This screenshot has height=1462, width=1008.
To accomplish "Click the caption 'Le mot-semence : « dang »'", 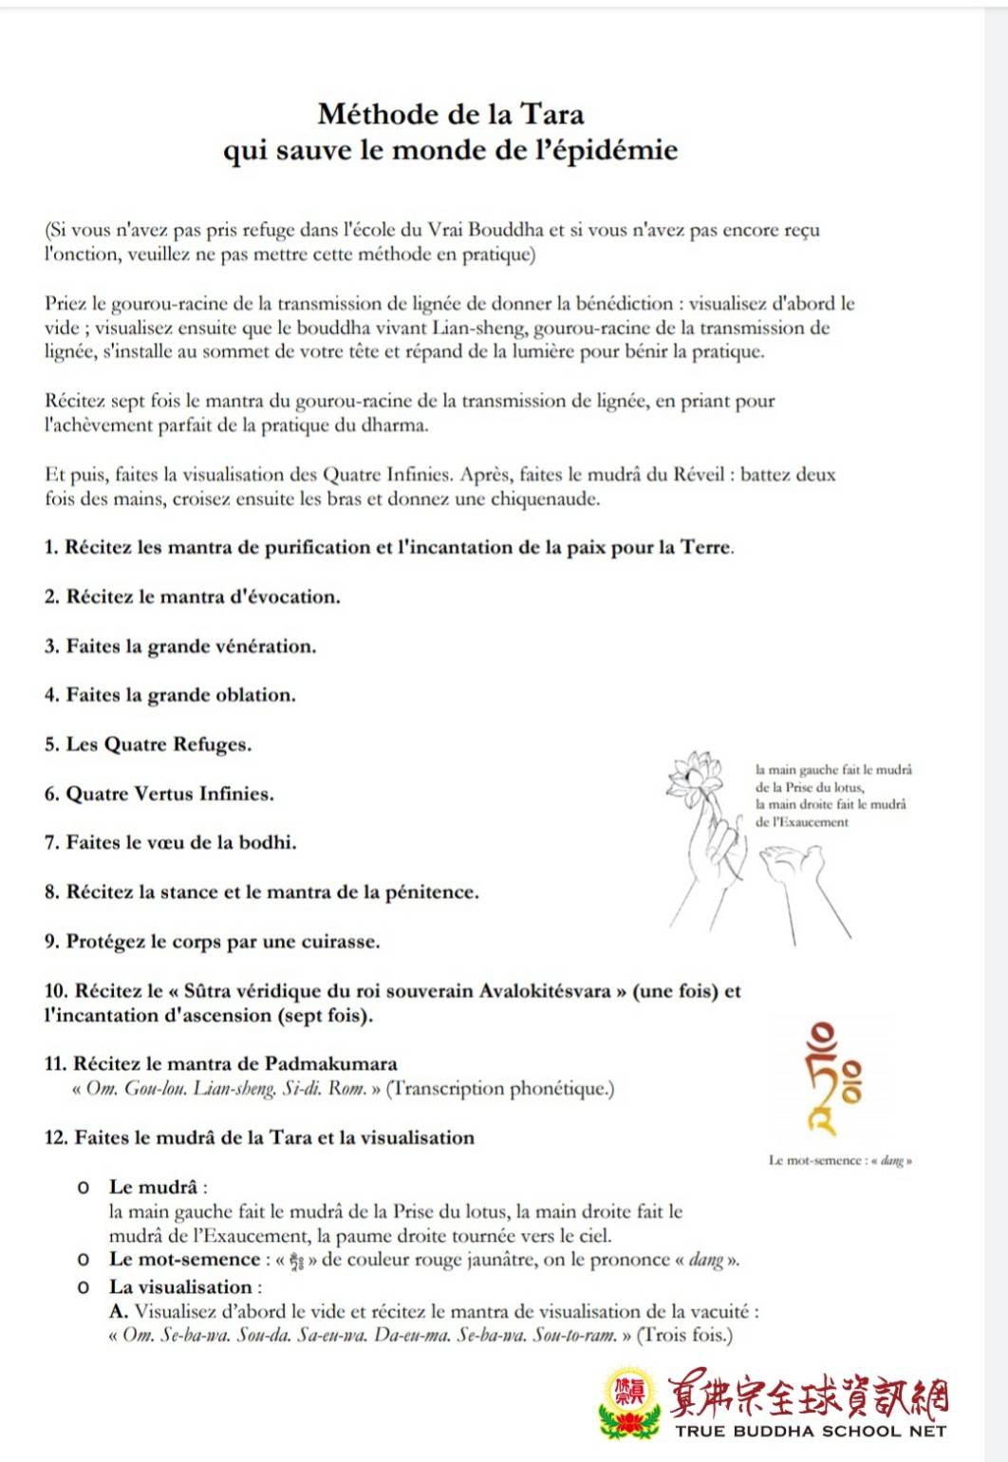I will [x=839, y=1160].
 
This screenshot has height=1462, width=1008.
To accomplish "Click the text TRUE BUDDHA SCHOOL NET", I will [x=811, y=1431].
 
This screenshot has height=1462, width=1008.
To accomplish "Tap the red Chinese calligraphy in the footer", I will [x=809, y=1396].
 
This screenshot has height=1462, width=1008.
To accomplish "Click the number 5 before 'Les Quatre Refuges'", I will [x=50, y=744].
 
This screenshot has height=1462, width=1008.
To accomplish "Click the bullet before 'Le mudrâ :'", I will [x=84, y=1188].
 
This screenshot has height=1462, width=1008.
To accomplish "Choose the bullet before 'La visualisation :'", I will [x=84, y=1288].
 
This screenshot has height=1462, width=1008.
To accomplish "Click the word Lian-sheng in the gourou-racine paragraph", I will [x=476, y=328].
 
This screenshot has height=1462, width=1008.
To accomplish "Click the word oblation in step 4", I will [x=255, y=695].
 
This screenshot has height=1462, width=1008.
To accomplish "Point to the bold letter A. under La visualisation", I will [x=119, y=1312].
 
